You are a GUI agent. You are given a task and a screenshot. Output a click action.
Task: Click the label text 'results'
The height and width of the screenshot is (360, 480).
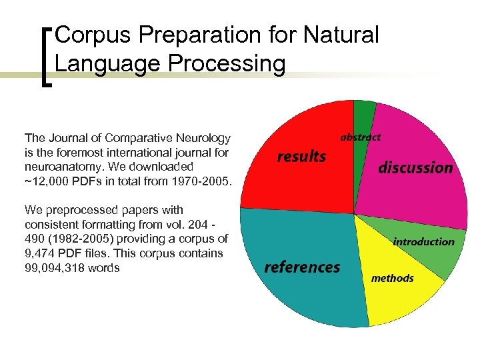[x=301, y=157]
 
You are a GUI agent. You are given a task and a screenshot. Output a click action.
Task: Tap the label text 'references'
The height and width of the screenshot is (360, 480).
[x=302, y=267]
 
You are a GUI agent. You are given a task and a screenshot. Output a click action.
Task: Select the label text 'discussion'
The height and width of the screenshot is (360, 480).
[x=415, y=167]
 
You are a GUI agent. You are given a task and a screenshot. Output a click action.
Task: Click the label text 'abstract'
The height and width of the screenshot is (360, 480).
[x=361, y=137]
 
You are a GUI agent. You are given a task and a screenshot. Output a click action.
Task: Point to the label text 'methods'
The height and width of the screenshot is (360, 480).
[x=392, y=278]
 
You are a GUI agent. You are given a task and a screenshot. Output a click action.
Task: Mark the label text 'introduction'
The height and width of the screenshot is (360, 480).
[x=423, y=241]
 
